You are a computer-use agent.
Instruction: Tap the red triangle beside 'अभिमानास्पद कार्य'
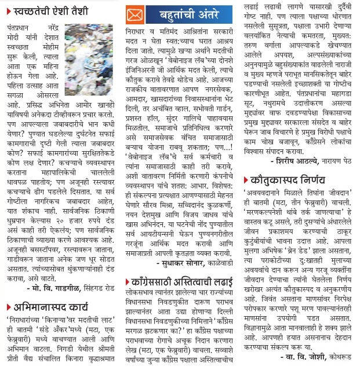(x=9, y=308)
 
